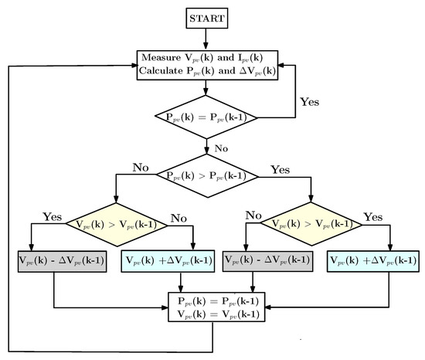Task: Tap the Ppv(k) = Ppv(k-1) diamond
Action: pos(206,117)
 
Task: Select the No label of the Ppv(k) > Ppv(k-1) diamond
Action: pos(141,165)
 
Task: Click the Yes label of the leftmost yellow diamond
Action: pos(53,218)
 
